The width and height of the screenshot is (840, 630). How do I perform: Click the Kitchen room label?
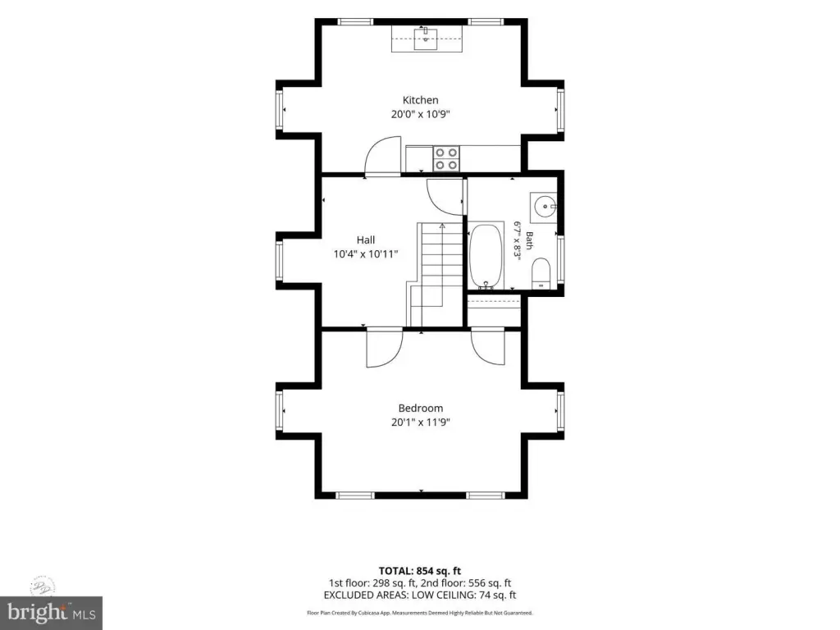click(x=421, y=100)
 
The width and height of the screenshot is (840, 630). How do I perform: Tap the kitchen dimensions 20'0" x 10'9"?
click(x=421, y=114)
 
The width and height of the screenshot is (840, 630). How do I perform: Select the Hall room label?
click(x=366, y=240)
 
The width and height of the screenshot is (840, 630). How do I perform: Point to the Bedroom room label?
click(x=421, y=409)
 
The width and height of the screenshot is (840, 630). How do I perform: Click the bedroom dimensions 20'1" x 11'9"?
click(x=421, y=422)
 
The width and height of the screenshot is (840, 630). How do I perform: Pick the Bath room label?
click(x=529, y=240)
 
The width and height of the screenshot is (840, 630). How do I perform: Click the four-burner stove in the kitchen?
click(x=446, y=158)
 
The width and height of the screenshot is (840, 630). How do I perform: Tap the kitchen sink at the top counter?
click(x=426, y=39)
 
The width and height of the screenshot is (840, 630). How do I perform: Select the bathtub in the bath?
click(x=486, y=257)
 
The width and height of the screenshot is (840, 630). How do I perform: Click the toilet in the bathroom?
click(x=541, y=273)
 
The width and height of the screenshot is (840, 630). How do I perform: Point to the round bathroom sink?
click(x=545, y=206)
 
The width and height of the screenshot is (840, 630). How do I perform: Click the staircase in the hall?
click(x=435, y=274)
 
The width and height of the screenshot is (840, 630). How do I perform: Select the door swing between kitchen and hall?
click(x=382, y=156)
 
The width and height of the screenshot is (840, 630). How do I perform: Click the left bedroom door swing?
click(x=385, y=348)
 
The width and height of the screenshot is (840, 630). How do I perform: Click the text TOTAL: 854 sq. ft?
click(x=420, y=571)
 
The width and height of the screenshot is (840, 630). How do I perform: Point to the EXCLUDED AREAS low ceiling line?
click(x=420, y=596)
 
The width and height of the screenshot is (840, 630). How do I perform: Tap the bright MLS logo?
click(x=52, y=613)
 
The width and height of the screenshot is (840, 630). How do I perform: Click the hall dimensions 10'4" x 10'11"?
click(x=366, y=254)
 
